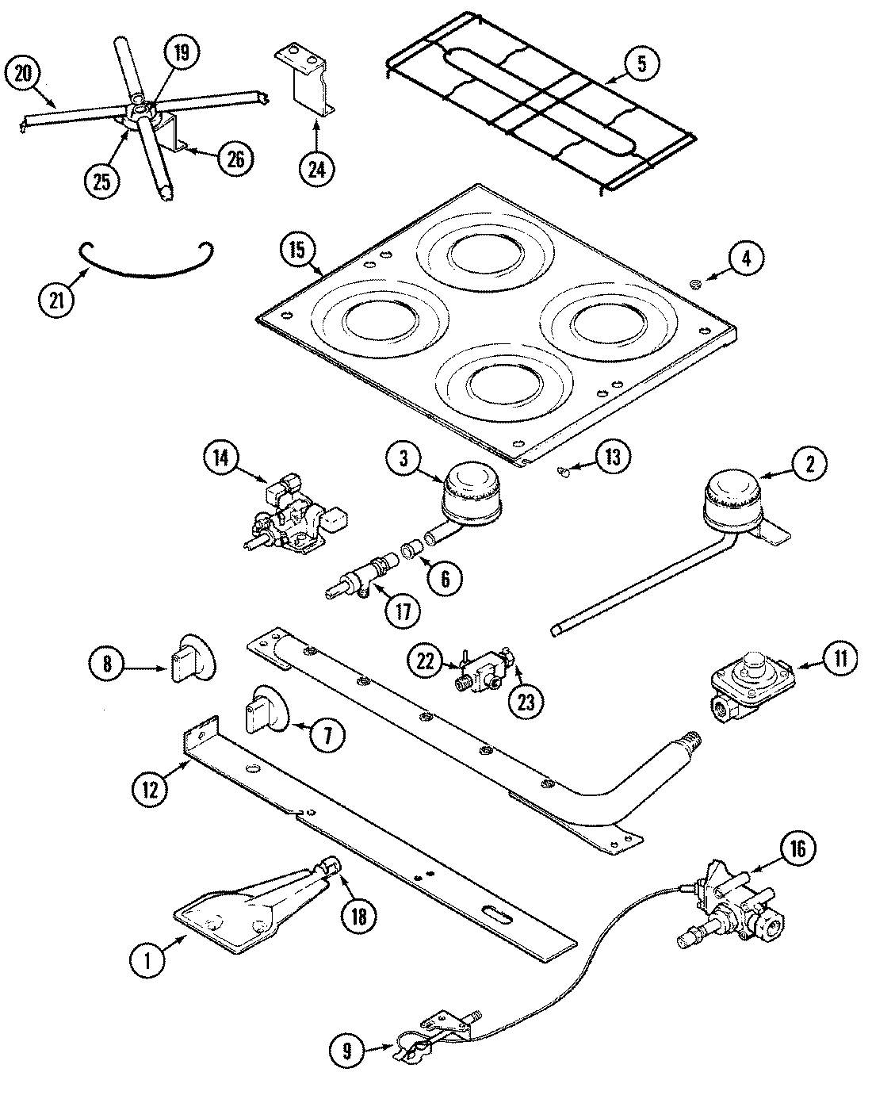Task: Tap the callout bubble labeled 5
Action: [x=642, y=64]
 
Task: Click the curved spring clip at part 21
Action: [x=147, y=262]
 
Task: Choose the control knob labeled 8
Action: [x=189, y=657]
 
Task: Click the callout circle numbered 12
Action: [x=151, y=787]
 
